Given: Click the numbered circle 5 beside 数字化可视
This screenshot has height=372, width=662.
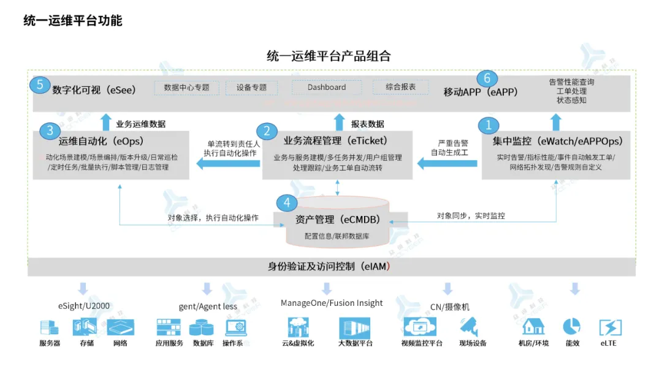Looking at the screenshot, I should (40, 84).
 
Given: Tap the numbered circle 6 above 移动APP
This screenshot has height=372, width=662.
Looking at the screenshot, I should (487, 78).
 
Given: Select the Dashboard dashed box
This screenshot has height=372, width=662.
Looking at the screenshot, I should (327, 87).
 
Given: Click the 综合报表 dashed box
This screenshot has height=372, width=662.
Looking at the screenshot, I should (401, 87).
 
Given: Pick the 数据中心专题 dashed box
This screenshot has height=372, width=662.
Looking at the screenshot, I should (186, 87).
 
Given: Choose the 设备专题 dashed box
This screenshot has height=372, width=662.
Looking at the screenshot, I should (251, 87).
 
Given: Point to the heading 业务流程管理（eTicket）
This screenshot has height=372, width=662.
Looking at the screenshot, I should (335, 141).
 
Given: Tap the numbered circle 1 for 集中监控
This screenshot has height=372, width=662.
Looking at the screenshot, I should (489, 125).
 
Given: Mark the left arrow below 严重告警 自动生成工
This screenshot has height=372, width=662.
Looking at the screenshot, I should (447, 163).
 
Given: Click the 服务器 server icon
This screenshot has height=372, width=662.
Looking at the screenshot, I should (49, 328).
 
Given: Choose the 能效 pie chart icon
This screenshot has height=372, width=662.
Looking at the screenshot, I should (571, 326).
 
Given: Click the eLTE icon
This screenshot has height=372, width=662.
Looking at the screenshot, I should (610, 327).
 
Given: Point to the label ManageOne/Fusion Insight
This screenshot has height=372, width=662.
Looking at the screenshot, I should (332, 303).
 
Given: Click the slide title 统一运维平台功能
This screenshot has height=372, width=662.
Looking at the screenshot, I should (73, 20).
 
